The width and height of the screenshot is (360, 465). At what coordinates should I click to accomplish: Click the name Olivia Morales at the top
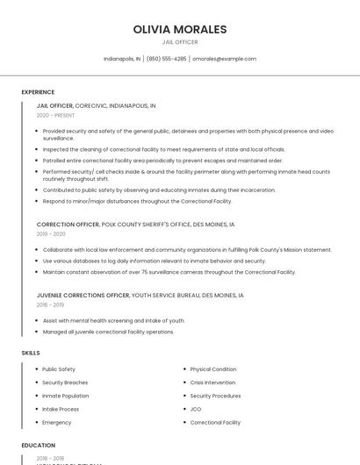click(180, 29)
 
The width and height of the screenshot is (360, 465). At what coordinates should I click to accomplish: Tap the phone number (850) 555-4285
click(166, 59)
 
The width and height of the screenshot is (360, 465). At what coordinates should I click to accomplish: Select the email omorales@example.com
click(224, 59)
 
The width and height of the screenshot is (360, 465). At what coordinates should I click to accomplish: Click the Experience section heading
click(38, 92)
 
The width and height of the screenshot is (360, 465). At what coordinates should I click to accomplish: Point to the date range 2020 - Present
click(55, 115)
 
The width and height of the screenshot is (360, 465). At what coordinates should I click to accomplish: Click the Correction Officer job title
click(68, 225)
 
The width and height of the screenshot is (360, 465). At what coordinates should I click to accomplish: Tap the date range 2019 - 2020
click(51, 234)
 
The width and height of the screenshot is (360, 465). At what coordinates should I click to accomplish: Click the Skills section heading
click(31, 353)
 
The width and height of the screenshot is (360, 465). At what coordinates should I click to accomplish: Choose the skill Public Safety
click(59, 369)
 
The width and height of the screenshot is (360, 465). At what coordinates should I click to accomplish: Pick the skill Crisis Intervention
click(212, 383)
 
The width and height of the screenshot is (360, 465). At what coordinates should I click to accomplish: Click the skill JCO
click(196, 409)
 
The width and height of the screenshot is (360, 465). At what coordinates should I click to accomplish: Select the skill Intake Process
click(61, 409)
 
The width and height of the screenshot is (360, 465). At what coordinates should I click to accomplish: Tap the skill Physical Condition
click(212, 369)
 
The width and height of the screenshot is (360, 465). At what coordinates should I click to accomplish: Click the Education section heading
click(38, 446)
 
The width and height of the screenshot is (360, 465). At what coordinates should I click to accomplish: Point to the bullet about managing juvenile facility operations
click(108, 332)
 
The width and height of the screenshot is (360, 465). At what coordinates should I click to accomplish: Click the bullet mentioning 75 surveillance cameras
click(169, 272)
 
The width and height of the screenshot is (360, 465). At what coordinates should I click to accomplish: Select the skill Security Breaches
click(65, 383)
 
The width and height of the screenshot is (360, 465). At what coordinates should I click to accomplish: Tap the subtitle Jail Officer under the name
click(180, 42)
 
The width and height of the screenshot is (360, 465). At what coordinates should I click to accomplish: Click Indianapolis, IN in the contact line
click(122, 59)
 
